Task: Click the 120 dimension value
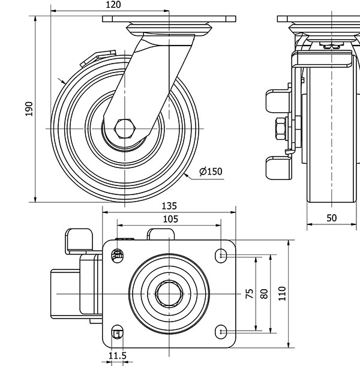coord(113,5)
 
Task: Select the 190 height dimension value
coord(29,109)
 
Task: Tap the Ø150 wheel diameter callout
coord(211,172)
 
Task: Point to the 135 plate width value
coord(169,206)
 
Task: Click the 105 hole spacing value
coord(170,219)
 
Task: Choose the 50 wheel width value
coord(332,218)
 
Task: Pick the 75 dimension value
coord(250,293)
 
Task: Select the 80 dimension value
coord(264,293)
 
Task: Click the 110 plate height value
coord(282,293)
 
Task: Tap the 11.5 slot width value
coord(118,356)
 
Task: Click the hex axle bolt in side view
coord(125,128)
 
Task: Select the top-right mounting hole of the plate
coord(221,256)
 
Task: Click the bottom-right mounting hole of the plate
coord(221,332)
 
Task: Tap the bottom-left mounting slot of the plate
coord(117,332)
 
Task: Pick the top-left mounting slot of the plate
coord(117,256)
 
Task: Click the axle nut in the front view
coord(281,128)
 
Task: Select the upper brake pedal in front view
coord(278,101)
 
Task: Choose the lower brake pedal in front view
coord(278,168)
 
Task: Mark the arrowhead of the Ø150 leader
coord(186,175)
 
